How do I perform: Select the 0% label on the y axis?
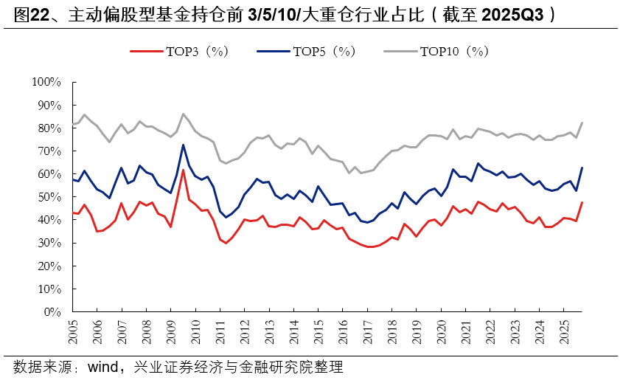(52, 311)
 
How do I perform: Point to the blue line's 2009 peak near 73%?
(183, 145)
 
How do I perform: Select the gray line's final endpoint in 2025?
(582, 123)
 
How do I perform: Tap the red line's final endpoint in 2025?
(582, 202)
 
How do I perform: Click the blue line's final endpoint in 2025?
(582, 168)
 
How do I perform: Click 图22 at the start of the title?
(29, 15)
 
